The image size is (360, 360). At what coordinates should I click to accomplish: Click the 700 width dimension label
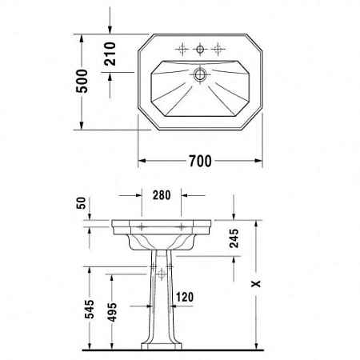coord(200,162)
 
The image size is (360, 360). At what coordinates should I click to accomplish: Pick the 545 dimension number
coord(90,310)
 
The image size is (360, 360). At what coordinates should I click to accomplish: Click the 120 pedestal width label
coord(185,298)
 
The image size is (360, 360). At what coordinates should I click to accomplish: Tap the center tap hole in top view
coord(200,48)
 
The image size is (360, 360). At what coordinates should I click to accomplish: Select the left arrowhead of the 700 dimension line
coord(142,162)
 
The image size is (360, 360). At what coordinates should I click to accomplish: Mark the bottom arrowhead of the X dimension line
coord(256,347)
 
